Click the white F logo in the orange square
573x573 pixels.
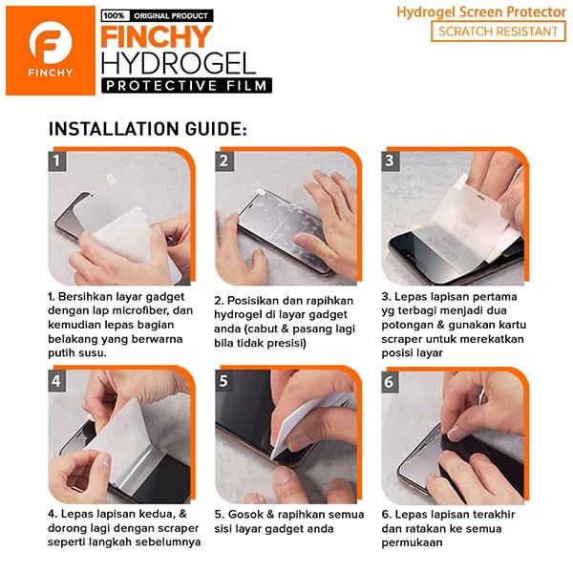[51, 43]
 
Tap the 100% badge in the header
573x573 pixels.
[116, 16]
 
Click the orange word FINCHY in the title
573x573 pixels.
[157, 37]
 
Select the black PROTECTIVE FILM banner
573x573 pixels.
[187, 86]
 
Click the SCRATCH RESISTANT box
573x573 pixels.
[499, 32]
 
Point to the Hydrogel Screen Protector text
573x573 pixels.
[481, 12]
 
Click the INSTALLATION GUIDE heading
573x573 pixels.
[148, 129]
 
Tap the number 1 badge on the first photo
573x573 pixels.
[57, 160]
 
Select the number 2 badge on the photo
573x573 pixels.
[224, 160]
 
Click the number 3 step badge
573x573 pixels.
[391, 160]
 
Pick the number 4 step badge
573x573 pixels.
[57, 381]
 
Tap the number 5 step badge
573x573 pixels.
[224, 381]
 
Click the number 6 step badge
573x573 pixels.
[390, 382]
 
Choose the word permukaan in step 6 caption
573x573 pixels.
[412, 543]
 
